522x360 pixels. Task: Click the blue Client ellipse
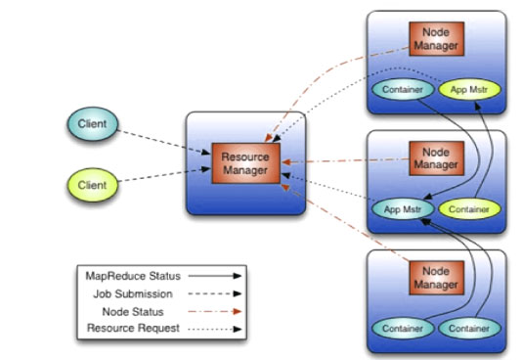click(x=94, y=124)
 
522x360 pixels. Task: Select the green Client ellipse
click(x=94, y=184)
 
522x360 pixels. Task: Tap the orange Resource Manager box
click(x=245, y=163)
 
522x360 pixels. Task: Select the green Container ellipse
click(x=468, y=208)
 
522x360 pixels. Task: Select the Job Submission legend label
click(x=133, y=292)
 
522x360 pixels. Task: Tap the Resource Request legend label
click(x=132, y=328)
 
